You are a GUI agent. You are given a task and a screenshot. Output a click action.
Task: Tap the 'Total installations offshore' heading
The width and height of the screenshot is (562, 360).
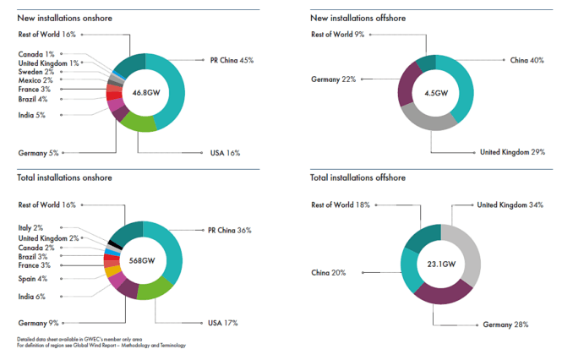357,178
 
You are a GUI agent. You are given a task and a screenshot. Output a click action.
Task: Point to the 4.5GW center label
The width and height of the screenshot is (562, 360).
435,93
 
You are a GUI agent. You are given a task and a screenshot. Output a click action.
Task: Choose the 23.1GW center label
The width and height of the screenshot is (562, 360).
440,265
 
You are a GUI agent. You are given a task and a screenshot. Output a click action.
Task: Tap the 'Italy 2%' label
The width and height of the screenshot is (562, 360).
33,228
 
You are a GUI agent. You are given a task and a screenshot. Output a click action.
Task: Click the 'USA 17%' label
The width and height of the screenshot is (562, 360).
224,323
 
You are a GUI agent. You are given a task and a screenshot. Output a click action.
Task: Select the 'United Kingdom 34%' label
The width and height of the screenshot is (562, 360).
509,205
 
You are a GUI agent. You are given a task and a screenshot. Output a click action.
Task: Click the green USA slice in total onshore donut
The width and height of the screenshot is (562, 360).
153,290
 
